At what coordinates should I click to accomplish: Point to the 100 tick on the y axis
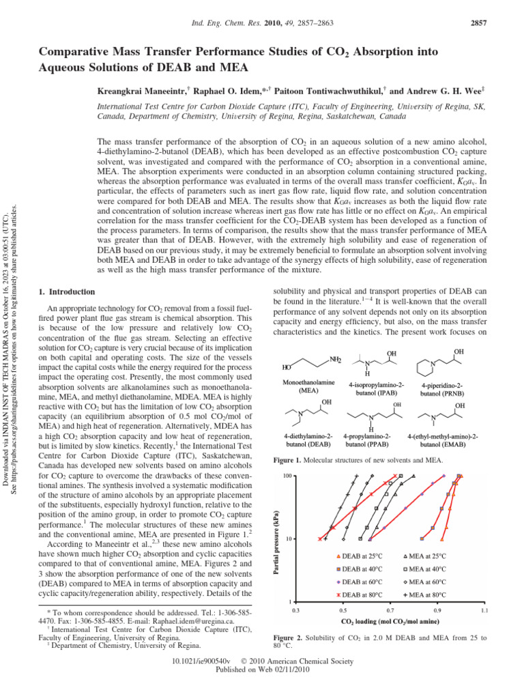coord(287,476)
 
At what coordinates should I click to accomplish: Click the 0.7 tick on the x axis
coord(390,609)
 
